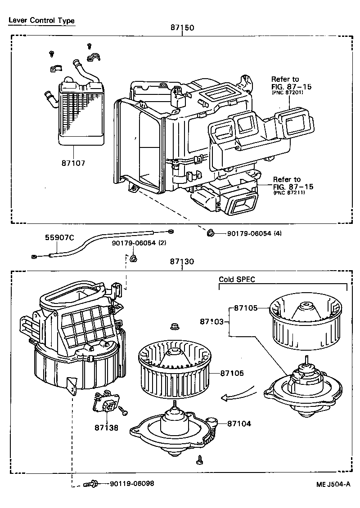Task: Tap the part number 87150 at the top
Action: tap(182, 27)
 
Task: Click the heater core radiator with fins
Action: tap(81, 115)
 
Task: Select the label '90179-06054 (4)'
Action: tap(254, 233)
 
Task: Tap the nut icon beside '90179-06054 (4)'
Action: tap(210, 232)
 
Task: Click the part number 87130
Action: tap(182, 262)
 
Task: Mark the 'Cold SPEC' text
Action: tap(237, 279)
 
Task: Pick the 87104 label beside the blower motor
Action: tap(239, 423)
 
